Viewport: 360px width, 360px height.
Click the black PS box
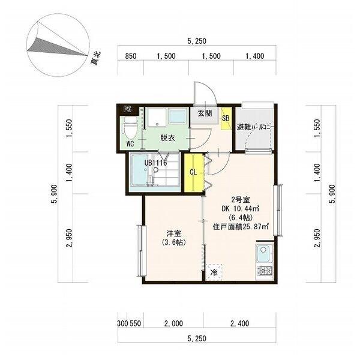click(x=127, y=109)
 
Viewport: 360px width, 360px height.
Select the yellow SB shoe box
click(x=226, y=117)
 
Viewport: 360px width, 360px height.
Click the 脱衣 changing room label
click(x=167, y=137)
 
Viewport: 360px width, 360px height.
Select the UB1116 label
click(x=155, y=162)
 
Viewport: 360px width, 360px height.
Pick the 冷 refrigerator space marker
click(x=214, y=272)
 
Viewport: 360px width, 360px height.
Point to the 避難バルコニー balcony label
click(x=255, y=127)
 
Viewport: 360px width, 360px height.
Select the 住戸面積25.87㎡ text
click(x=240, y=227)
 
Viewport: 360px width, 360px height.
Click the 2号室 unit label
click(x=240, y=200)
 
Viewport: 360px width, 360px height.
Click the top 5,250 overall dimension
click(x=197, y=41)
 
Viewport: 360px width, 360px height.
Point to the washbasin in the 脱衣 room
click(x=177, y=115)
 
